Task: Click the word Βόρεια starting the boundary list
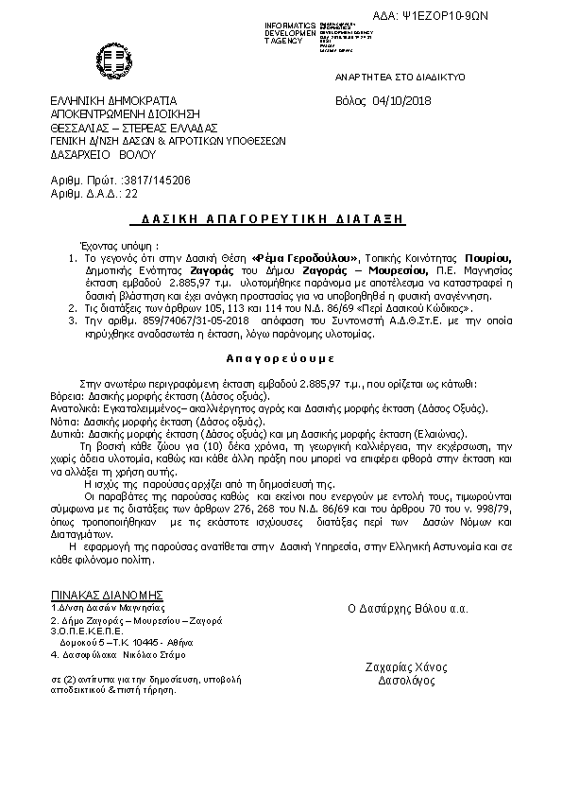coord(65,398)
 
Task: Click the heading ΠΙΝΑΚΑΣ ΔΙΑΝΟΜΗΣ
coord(108,596)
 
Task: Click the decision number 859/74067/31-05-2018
coord(168,320)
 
